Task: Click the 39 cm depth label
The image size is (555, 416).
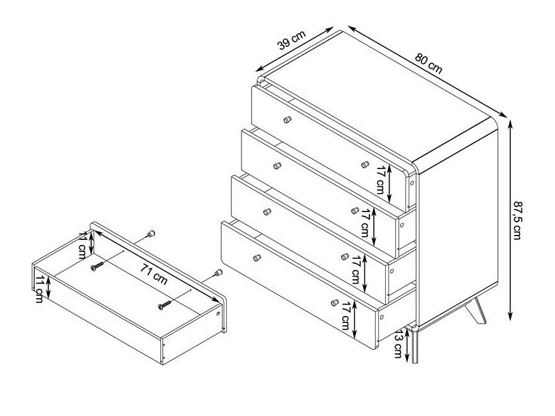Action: coord(291,40)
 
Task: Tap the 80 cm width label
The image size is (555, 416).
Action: coord(429,63)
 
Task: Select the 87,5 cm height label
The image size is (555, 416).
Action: coord(518,220)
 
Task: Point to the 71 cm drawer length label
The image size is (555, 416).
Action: coord(153,274)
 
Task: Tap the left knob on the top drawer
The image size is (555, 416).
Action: coord(288,120)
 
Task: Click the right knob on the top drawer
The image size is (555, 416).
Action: coord(366,165)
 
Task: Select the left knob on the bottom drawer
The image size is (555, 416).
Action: coord(257,258)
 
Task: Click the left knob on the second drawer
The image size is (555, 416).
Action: coord(277,165)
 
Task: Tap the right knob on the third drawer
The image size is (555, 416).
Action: coord(345,256)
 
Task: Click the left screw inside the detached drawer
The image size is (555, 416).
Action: coord(97,266)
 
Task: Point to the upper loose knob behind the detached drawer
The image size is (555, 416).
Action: coord(151,234)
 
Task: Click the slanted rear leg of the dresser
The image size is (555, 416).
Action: coord(476,311)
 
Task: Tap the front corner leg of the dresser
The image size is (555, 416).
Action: coord(414,345)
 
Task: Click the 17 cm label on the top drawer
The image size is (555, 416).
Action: coord(381,180)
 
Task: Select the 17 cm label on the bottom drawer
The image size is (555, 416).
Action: coord(346,316)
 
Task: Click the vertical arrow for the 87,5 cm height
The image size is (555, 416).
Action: coord(510,220)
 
